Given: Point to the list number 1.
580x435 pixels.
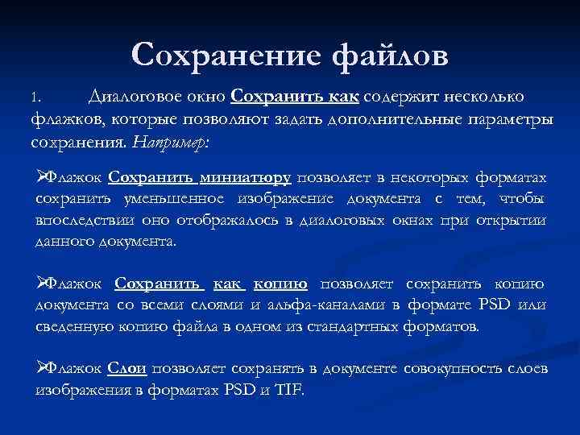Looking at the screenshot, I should pos(33,99).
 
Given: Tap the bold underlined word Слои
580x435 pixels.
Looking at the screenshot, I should pos(126,368).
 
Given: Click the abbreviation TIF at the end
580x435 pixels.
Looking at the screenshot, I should pos(289,389).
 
